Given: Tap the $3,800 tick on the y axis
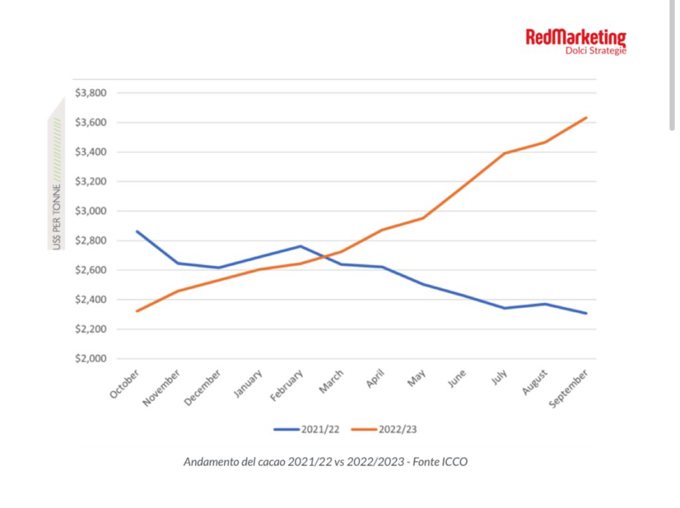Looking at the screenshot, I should pos(91,93).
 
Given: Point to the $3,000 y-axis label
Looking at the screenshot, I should pos(91,211).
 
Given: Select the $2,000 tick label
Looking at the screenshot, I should pos(91,359).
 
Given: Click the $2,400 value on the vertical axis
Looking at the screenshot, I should pos(91,300).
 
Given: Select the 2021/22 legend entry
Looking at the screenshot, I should pos(307,430).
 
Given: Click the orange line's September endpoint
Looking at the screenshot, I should pos(586,118).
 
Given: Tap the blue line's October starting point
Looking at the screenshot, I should pos(137,231).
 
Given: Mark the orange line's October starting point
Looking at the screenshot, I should pos(137,311).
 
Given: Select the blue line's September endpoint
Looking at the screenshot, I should pos(586,313).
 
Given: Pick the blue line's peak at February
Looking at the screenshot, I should pos(300,246).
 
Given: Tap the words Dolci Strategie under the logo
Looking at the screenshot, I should pos(596,50).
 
